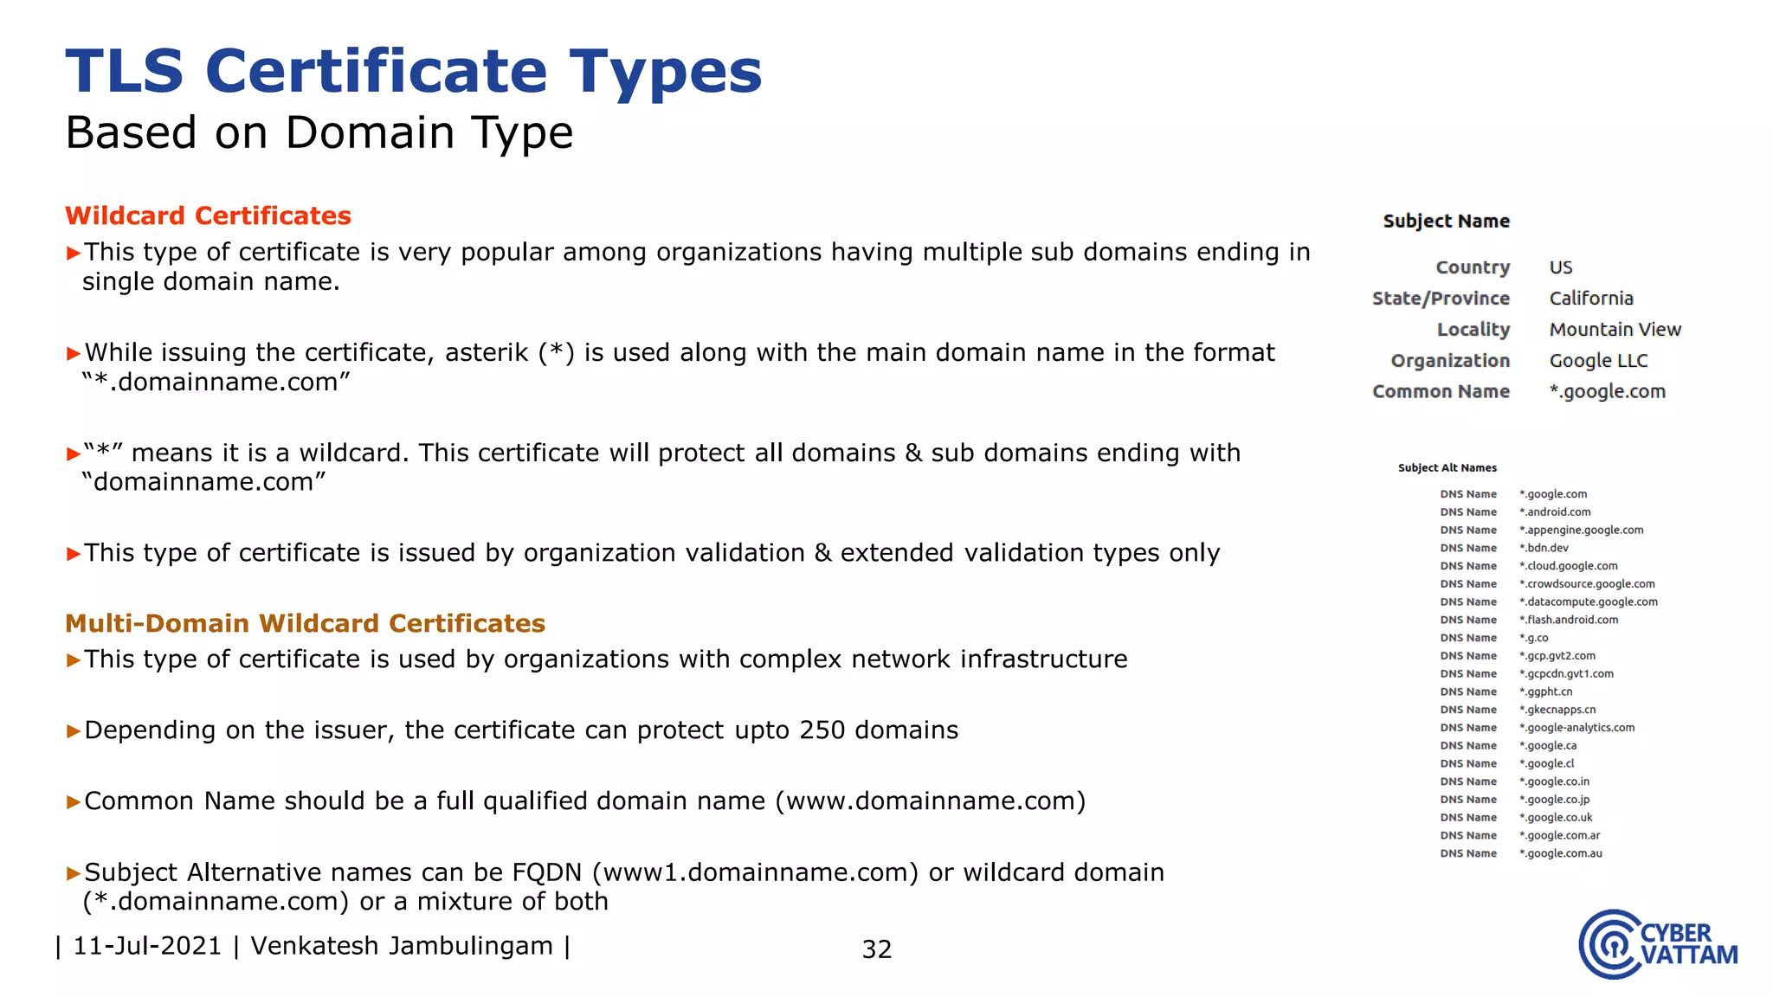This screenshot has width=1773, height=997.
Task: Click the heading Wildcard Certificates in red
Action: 208,215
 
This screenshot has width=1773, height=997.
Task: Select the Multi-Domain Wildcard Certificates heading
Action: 305,623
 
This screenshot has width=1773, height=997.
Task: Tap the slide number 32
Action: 876,949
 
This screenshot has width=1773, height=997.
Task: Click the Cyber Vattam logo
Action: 1657,944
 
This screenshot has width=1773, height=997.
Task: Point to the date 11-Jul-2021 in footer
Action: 147,946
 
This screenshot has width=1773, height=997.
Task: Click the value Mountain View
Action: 1615,330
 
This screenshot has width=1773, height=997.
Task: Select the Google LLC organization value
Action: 1598,361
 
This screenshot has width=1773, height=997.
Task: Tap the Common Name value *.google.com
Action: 1607,392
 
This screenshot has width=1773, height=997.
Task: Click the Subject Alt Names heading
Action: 1447,468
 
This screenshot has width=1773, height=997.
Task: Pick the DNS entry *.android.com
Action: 1555,512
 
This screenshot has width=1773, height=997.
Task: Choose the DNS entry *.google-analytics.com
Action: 1576,728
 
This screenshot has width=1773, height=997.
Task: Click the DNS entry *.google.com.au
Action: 1560,853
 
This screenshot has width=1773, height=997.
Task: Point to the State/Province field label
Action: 1441,299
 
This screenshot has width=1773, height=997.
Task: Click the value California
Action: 1591,299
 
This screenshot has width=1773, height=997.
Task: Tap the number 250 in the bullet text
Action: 822,730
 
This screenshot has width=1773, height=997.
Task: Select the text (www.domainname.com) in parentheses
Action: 930,801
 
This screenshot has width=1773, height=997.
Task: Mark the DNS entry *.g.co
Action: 1533,638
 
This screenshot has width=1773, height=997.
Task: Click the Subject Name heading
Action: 1446,222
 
